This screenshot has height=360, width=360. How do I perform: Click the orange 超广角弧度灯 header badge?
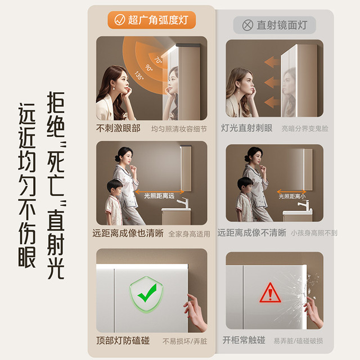151,20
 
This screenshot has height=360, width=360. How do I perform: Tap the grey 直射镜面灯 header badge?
274,25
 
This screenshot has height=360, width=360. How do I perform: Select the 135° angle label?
139,75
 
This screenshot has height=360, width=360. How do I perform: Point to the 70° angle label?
158,60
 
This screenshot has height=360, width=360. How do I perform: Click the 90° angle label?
148,67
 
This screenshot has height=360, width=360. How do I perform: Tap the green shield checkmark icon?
146,294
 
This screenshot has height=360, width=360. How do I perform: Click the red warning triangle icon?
270,293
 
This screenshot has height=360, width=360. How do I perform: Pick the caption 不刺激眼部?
118,128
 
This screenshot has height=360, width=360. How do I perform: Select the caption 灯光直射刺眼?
246,128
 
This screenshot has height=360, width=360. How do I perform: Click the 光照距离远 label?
159,196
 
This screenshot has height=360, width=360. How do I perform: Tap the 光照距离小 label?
292,196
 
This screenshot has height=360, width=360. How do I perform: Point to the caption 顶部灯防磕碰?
123,340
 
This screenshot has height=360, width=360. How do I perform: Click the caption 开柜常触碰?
244,340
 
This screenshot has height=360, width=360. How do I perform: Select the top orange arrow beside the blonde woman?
272,62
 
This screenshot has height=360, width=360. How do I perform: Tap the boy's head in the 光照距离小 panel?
245,185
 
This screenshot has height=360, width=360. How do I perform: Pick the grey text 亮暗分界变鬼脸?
305,129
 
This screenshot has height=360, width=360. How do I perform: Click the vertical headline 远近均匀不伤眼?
27,185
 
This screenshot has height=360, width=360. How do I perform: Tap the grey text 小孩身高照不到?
314,233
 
